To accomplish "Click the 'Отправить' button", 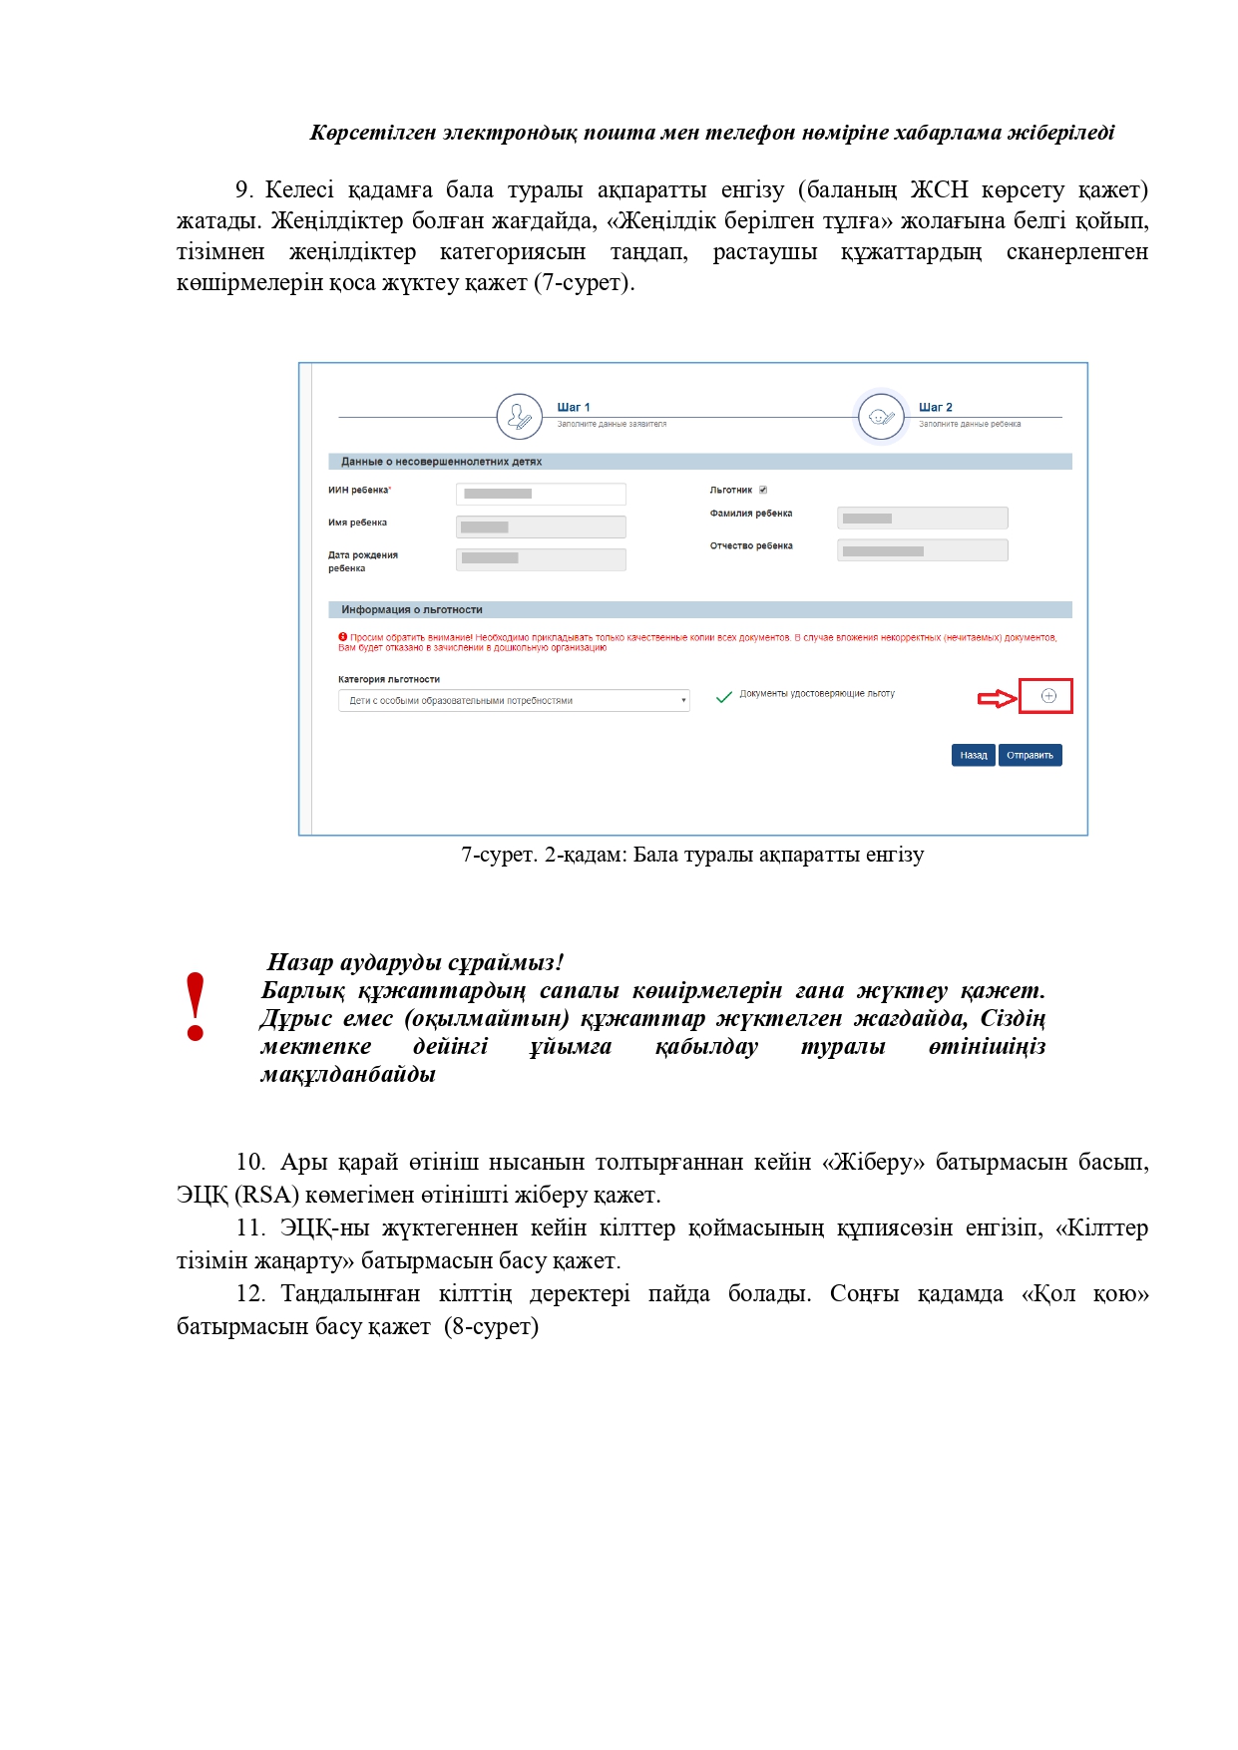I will tap(1030, 756).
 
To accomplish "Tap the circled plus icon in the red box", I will tap(1048, 696).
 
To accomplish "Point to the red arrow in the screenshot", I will tap(996, 698).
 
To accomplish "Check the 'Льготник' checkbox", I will tap(763, 490).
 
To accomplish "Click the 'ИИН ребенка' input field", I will tap(541, 494).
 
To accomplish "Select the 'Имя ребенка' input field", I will tap(541, 526).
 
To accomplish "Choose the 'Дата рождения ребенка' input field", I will tap(541, 559).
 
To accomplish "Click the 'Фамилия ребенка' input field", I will tap(922, 518).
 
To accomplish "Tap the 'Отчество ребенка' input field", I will tap(922, 550).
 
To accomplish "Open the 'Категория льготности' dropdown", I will tap(514, 701).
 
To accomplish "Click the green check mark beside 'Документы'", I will tap(724, 697).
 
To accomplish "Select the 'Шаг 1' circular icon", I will tap(519, 416).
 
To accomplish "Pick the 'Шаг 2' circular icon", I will tap(881, 416).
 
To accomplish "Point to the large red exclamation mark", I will tap(196, 1007).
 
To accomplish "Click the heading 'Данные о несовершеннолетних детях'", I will tap(441, 462).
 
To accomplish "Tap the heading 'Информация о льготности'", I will tap(411, 609).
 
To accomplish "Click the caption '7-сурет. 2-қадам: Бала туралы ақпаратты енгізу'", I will tap(692, 855).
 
